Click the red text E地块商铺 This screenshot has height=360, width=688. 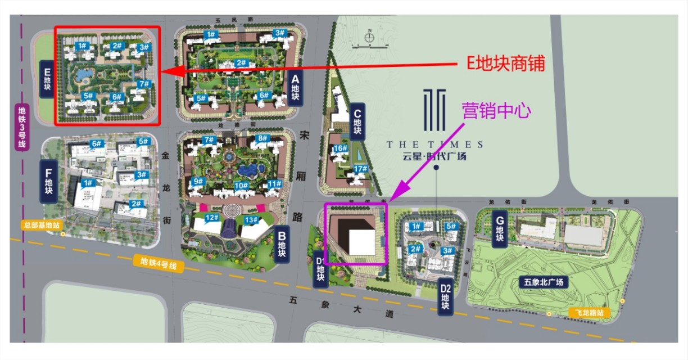click(506, 64)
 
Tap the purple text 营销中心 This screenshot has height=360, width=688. click(496, 110)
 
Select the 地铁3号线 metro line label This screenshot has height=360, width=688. click(22, 128)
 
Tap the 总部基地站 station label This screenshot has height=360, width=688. click(41, 225)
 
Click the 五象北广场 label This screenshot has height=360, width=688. click(544, 282)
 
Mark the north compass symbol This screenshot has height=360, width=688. click(369, 38)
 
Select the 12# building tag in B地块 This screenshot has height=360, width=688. click(212, 218)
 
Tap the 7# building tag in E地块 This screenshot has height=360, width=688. click(144, 84)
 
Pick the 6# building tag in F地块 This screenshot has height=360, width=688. click(96, 144)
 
